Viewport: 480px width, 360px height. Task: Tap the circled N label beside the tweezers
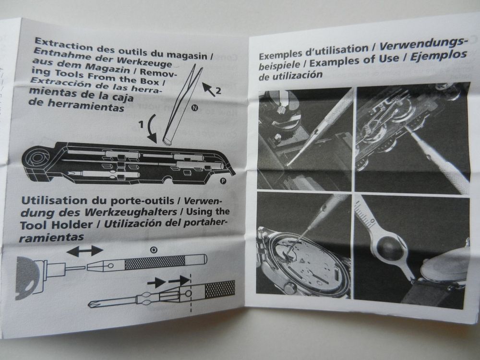pos(194,108)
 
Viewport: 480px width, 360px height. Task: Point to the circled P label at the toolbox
pos(223,181)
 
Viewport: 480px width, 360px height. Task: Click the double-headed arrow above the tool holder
pos(84,251)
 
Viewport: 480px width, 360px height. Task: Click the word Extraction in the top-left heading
pos(61,41)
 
